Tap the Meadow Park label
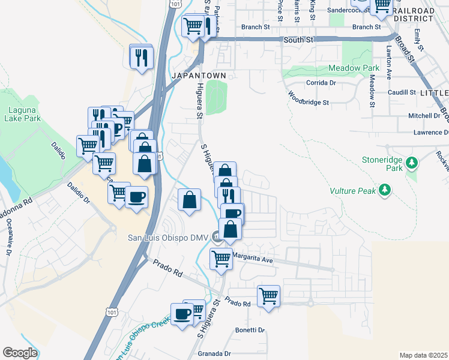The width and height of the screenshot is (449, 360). click(x=354, y=68)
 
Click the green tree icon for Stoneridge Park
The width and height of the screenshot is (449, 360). click(x=411, y=162)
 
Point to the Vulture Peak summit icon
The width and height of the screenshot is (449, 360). click(x=385, y=191)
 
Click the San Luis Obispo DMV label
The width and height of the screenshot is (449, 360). click(x=166, y=238)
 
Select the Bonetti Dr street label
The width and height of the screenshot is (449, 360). click(x=250, y=330)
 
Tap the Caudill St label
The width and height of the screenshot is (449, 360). click(x=402, y=92)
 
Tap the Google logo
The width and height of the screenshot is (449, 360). click(x=20, y=353)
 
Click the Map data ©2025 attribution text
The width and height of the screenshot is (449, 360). click(x=423, y=355)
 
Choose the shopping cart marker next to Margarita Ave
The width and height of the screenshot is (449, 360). click(x=221, y=259)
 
